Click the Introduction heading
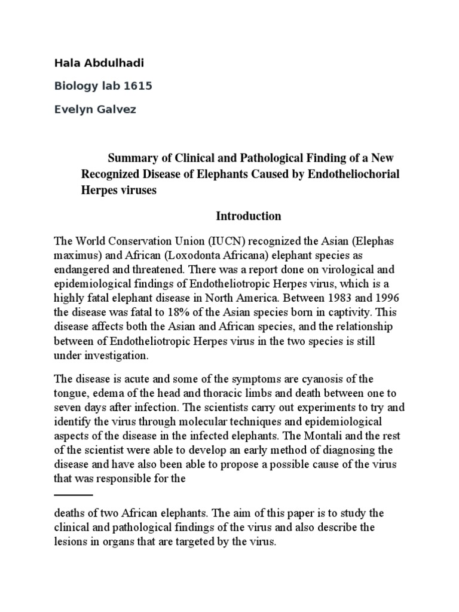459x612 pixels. pyautogui.click(x=240, y=216)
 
